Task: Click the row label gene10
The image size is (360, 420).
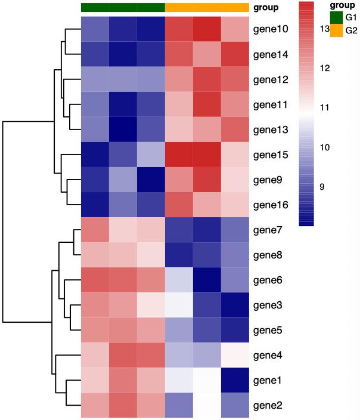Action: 271,29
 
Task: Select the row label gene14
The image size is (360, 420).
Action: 271,54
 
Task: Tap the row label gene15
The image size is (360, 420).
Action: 271,155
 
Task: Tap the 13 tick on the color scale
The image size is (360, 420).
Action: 324,29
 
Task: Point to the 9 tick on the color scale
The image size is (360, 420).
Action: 322,187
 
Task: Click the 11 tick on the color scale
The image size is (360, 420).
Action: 324,108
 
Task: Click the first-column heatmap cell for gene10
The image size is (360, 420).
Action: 95,29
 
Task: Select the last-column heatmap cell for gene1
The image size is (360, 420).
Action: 234,380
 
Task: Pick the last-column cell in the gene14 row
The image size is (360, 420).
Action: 234,54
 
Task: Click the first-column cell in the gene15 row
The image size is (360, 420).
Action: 95,155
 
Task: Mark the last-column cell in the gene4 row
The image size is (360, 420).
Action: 234,356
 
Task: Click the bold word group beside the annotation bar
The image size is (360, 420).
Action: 266,8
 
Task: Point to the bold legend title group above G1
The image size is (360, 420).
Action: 342,4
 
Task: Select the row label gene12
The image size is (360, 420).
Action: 271,79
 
